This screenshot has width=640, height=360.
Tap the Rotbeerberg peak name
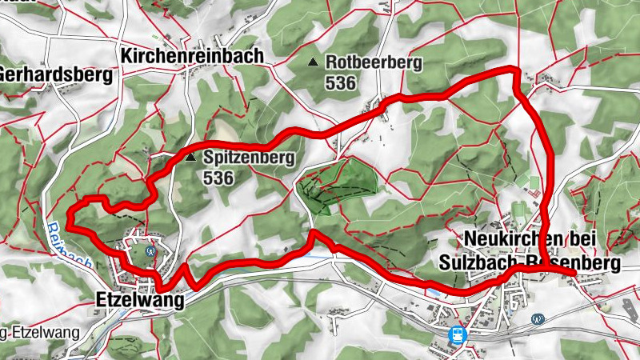pyautogui.click(x=373, y=62)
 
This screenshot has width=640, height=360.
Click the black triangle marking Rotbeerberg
pyautogui.click(x=313, y=62)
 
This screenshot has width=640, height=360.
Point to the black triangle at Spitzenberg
pyautogui.click(x=190, y=158)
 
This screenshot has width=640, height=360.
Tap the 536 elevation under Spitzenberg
pyautogui.click(x=218, y=178)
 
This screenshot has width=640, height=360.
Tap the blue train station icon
pyautogui.click(x=458, y=334)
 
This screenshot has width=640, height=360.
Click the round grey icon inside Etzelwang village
pyautogui.click(x=150, y=250)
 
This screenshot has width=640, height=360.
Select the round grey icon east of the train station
pyautogui.click(x=538, y=318)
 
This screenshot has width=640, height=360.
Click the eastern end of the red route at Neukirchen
pyautogui.click(x=574, y=274)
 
